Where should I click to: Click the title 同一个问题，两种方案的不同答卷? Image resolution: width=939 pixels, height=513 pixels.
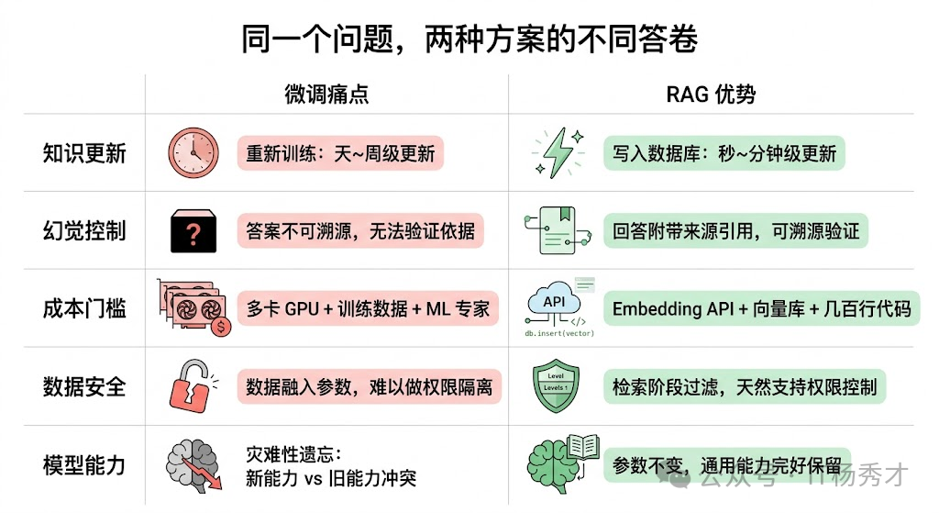(469, 39)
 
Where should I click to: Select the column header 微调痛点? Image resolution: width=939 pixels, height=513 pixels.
(326, 95)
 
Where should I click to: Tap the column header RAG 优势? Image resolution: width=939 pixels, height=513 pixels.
(711, 95)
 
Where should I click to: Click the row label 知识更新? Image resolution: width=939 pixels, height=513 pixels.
(84, 153)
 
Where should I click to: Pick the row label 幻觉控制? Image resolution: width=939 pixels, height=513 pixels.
(84, 230)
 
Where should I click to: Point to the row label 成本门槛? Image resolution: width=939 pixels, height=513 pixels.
(84, 308)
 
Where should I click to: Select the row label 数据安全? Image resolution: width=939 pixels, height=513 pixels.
(84, 386)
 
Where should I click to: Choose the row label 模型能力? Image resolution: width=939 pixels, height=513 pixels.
(84, 464)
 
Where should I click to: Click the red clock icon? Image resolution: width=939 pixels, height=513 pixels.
(193, 152)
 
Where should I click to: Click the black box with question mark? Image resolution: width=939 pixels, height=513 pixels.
(193, 231)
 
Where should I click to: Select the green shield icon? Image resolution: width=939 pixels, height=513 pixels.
(557, 386)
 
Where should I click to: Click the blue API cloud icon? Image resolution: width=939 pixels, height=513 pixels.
(555, 304)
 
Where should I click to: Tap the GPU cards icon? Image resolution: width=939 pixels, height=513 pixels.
(193, 307)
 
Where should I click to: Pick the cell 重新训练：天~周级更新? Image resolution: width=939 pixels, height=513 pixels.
(340, 153)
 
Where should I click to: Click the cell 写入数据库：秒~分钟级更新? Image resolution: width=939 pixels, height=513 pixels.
(724, 153)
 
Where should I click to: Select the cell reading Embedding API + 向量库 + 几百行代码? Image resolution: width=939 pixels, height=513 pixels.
(761, 309)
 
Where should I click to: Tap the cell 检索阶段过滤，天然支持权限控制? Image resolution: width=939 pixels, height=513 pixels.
(744, 387)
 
